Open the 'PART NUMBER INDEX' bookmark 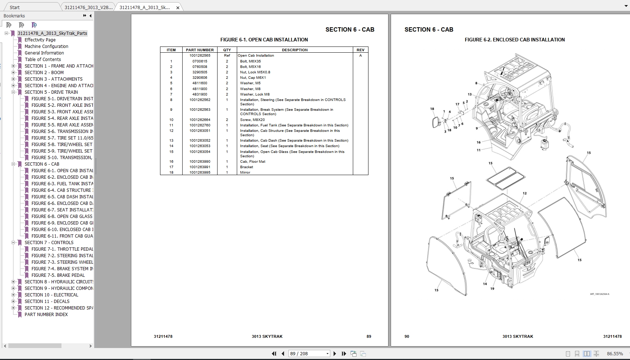pyautogui.click(x=46, y=315)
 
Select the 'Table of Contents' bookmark pyautogui.click(x=43, y=60)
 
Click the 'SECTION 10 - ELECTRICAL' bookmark pyautogui.click(x=51, y=295)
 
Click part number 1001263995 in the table pyautogui.click(x=200, y=173)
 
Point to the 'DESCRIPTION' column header pyautogui.click(x=295, y=50)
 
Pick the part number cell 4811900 pyautogui.click(x=200, y=89)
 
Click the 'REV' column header pyautogui.click(x=360, y=50)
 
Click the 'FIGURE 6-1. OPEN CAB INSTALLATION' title pyautogui.click(x=264, y=40)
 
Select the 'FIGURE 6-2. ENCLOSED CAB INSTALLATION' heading pyautogui.click(x=514, y=40)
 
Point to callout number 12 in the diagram pyautogui.click(x=525, y=193)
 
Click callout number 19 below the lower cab pyautogui.click(x=492, y=289)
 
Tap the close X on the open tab pyautogui.click(x=178, y=8)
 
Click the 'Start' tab pyautogui.click(x=15, y=8)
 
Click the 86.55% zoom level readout pyautogui.click(x=615, y=354)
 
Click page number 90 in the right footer pyautogui.click(x=407, y=337)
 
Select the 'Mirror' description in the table pyautogui.click(x=245, y=173)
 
